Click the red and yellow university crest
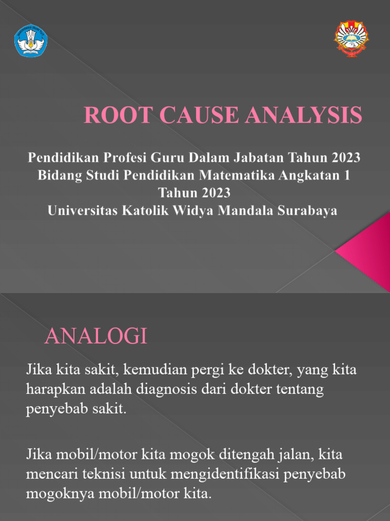point(351,38)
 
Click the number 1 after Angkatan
point(347,176)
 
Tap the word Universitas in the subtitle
point(82,211)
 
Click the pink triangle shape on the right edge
point(367,250)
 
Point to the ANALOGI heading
point(96,336)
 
